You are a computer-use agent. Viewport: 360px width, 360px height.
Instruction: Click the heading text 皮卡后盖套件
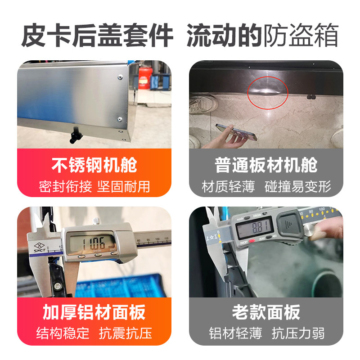(97, 35)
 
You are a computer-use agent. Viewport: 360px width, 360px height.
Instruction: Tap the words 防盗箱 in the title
(301, 35)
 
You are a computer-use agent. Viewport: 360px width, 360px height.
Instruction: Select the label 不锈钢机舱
(94, 165)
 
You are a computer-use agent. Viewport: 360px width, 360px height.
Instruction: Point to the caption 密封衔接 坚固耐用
(94, 186)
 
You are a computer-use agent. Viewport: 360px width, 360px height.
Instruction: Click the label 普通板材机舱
(266, 165)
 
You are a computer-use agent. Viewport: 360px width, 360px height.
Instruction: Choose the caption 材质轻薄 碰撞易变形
(266, 186)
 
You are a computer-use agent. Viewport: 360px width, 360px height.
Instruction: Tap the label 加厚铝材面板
(94, 312)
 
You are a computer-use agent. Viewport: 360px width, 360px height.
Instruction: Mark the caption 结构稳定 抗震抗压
(94, 333)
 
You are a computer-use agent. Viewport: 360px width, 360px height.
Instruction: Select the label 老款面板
(266, 312)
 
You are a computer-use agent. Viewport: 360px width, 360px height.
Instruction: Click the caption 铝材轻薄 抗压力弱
(266, 333)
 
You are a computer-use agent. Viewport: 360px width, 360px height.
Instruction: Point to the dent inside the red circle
(266, 90)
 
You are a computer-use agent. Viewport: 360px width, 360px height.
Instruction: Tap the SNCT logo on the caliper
(39, 247)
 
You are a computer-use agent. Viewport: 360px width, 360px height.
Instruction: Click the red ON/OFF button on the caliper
(252, 241)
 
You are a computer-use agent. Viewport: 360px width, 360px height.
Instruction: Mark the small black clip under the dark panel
(311, 97)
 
